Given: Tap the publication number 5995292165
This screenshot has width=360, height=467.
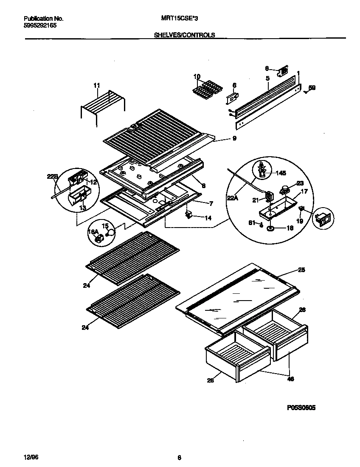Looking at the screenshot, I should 40,25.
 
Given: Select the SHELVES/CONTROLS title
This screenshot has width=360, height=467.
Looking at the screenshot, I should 184,35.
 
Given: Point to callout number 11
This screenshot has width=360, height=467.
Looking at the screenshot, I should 96,85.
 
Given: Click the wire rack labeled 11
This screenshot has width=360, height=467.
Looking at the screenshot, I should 102,106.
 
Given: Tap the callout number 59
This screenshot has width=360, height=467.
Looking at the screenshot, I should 312,88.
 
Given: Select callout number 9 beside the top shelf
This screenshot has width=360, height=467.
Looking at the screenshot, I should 234,138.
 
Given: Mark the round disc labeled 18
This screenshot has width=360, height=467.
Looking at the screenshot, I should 270,228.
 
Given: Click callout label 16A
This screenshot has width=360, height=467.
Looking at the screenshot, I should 93,232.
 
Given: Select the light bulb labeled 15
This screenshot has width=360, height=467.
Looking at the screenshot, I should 111,232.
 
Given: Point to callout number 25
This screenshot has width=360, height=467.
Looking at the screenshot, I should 301,270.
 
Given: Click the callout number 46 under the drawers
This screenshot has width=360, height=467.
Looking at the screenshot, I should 290,379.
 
